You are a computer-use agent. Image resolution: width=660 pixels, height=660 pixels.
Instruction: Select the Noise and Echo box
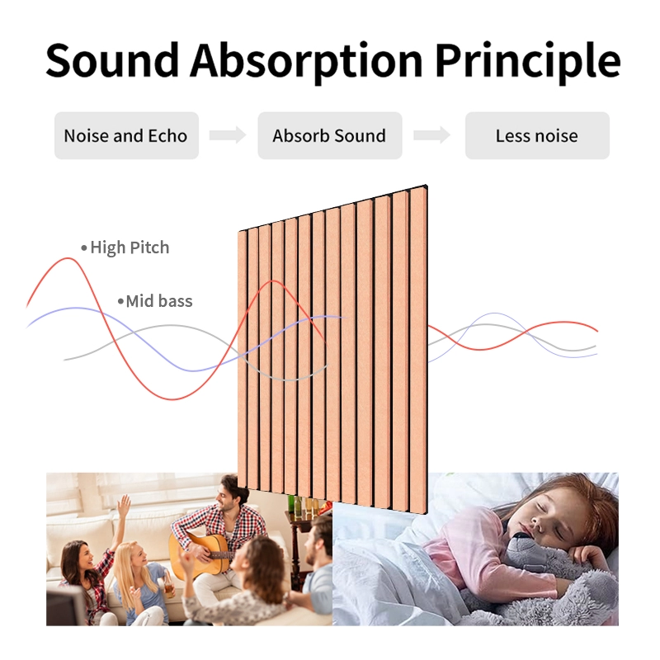125,136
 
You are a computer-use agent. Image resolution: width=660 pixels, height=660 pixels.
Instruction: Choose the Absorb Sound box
329,136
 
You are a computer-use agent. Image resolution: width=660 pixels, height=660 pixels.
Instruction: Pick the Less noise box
536,136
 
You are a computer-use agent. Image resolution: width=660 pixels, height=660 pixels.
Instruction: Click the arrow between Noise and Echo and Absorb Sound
228,136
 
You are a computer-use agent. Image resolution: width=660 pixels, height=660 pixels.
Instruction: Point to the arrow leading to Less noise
432,136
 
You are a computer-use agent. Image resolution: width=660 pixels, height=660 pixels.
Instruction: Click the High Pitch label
130,247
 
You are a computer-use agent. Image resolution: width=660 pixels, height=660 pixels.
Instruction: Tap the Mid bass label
159,301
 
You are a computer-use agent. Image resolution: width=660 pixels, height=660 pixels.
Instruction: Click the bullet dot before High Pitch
83,247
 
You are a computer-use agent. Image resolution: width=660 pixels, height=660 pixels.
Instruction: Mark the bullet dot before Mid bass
120,301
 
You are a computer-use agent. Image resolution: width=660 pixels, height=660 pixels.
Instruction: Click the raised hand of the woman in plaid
124,504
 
